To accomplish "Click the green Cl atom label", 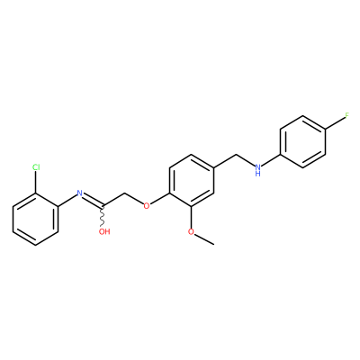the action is coord(36,167).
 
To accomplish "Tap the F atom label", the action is coord(346,116).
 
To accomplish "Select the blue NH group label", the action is coord(257,170).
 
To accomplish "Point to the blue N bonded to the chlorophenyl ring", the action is coord(79,193).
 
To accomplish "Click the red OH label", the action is coord(104,231).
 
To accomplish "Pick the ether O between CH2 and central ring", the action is coord(147,206).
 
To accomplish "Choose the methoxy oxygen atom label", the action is coord(191,231).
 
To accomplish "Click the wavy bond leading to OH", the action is coord(103,216).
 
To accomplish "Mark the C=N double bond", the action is coord(93,201).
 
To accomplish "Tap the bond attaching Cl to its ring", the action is coord(36,183).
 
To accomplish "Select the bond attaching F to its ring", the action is coord(335,123).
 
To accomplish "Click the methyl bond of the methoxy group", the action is coord(204,239).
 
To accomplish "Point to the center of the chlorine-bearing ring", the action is coord(35,220).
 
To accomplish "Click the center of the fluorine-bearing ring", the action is coord(302,142).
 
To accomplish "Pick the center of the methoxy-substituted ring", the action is coord(192,181).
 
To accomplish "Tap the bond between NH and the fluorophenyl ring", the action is coord(271,160).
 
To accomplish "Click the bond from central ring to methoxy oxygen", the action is coord(192,217).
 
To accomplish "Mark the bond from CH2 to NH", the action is coord(246,160).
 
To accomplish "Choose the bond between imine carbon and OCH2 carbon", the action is coord(113,200).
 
